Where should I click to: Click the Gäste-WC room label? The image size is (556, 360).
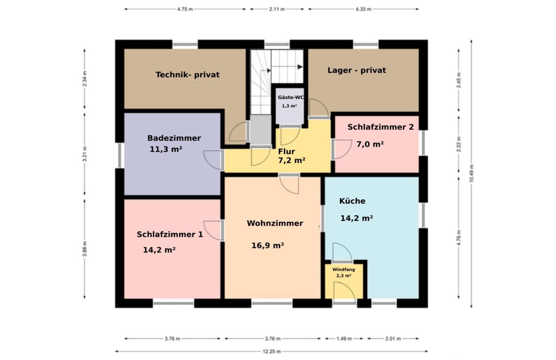(291, 97)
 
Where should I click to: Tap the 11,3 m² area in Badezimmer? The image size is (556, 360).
(166, 149)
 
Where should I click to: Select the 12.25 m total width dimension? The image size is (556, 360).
(272, 351)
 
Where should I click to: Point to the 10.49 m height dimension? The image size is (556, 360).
(471, 173)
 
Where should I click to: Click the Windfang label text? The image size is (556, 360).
(344, 269)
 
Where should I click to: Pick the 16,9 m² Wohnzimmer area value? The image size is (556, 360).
(268, 246)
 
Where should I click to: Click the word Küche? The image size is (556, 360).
(352, 201)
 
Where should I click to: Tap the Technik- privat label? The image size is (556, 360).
(187, 75)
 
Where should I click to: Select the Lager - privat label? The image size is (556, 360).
(357, 70)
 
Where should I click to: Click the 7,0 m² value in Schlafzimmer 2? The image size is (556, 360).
(370, 144)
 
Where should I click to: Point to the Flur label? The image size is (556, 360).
(286, 151)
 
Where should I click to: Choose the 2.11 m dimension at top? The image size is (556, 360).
(277, 9)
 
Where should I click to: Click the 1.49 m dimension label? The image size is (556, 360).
(344, 339)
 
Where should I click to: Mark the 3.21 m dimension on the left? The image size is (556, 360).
(85, 154)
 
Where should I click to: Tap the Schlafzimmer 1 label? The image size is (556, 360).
(170, 234)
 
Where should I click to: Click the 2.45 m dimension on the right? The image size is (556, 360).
(459, 80)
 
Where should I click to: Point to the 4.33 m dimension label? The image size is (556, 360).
(363, 9)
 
